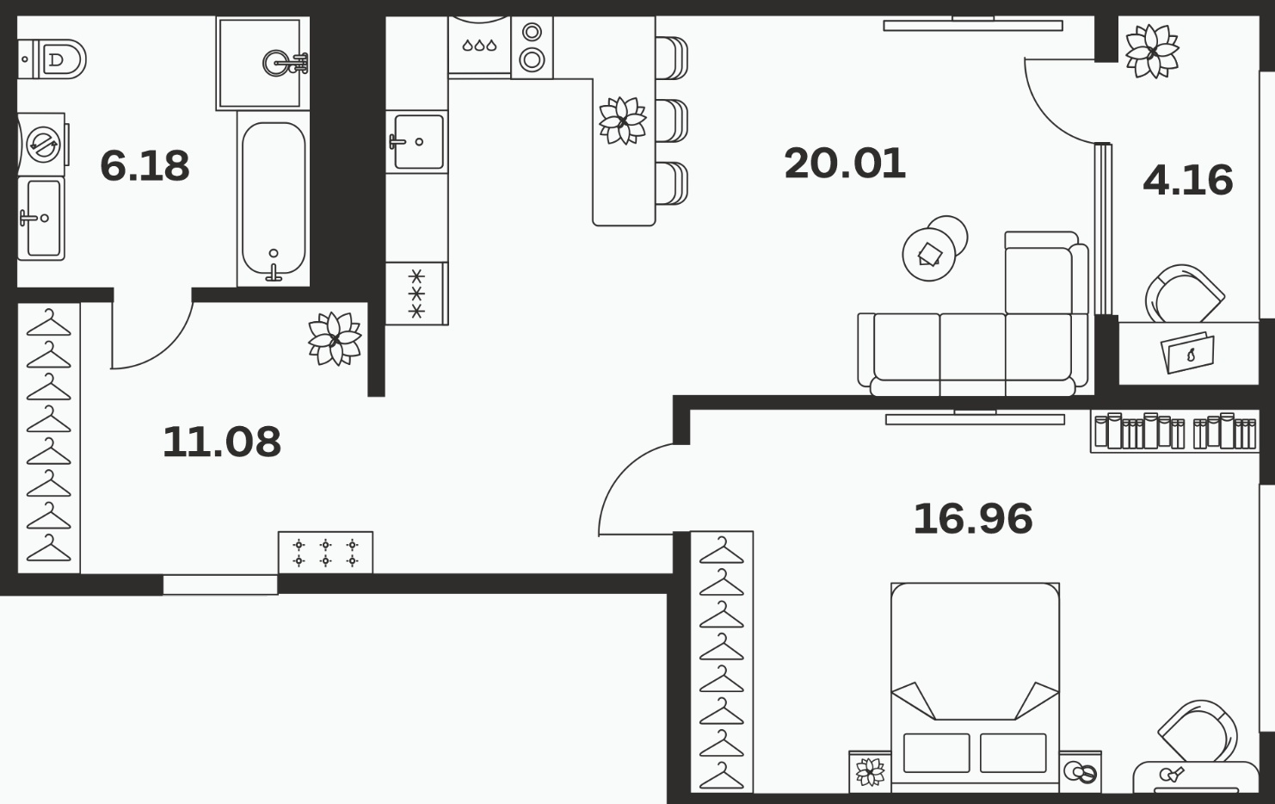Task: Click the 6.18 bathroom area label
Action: (x=145, y=166)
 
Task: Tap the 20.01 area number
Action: (x=845, y=164)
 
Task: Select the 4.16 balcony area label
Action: (x=1188, y=180)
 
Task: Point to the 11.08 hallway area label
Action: (x=221, y=442)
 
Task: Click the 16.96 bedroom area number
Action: (x=973, y=519)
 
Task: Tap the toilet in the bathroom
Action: (x=52, y=59)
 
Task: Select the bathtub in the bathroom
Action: (x=274, y=199)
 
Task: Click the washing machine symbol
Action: (x=43, y=145)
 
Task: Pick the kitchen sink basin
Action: (x=419, y=142)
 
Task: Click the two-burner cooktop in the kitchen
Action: (x=533, y=47)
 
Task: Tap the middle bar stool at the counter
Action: (x=672, y=121)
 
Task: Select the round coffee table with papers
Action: (x=929, y=254)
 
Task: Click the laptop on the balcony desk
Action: (x=1188, y=352)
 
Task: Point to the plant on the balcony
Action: (x=1152, y=52)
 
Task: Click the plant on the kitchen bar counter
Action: (x=623, y=121)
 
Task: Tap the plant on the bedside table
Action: (x=871, y=772)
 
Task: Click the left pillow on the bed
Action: (x=936, y=752)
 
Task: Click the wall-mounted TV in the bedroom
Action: (x=975, y=418)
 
